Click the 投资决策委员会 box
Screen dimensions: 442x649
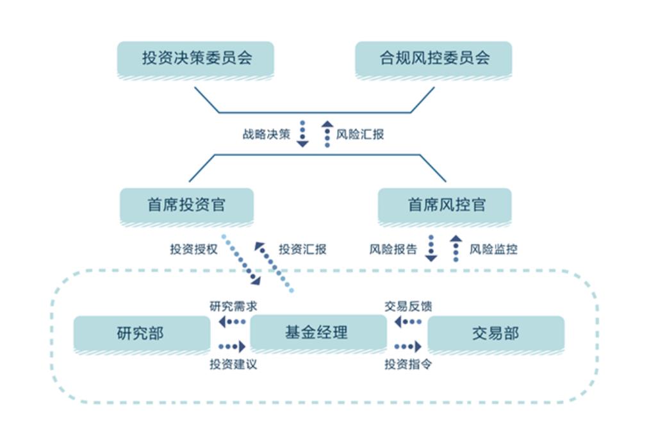tap(196, 59)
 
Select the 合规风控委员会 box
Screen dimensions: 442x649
tap(434, 59)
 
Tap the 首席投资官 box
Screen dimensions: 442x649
tap(186, 205)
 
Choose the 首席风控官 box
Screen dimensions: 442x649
tap(445, 205)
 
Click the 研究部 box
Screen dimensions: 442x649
tap(141, 334)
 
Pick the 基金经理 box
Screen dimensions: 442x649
tap(318, 333)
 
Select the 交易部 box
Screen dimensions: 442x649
tap(495, 334)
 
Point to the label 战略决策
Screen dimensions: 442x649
tap(266, 135)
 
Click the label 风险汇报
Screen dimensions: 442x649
tap(360, 135)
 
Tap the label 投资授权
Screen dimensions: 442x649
tap(194, 249)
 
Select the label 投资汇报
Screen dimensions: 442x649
tap(302, 249)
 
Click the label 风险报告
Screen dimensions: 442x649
tap(393, 249)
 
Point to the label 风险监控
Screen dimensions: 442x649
tap(493, 249)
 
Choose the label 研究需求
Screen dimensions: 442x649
tap(233, 306)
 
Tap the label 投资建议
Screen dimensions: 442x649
tap(233, 364)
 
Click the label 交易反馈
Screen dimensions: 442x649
tap(408, 306)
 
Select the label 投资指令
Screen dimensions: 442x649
tap(408, 364)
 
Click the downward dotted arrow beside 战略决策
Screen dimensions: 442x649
tap(302, 135)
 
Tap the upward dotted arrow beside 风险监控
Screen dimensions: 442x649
tap(456, 248)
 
